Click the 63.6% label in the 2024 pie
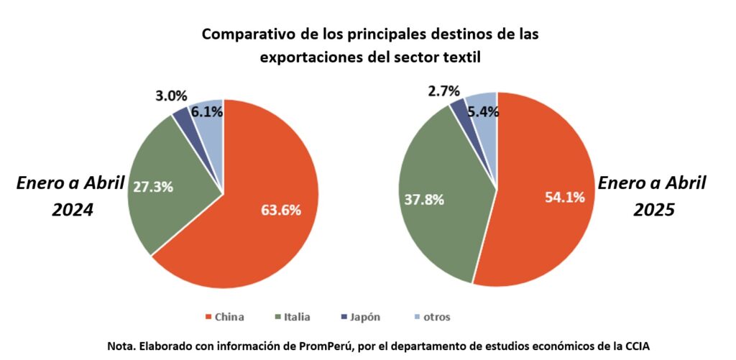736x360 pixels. (281, 210)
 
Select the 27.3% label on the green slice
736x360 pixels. (153, 186)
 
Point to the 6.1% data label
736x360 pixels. (206, 111)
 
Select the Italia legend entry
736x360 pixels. (295, 317)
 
